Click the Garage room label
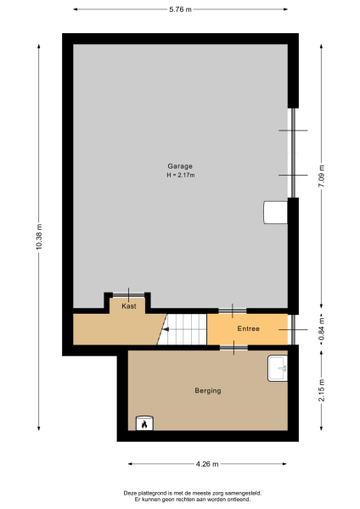[180, 165]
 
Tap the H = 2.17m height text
[180, 175]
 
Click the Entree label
[248, 328]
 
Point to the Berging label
[207, 390]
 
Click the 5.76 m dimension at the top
[180, 8]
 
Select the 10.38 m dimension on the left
[38, 237]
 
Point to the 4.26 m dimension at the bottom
[207, 464]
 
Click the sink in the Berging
[278, 368]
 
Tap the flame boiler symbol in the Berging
[143, 422]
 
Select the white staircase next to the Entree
[184, 328]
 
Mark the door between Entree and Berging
[233, 347]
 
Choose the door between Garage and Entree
[233, 310]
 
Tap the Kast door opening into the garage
[129, 294]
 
